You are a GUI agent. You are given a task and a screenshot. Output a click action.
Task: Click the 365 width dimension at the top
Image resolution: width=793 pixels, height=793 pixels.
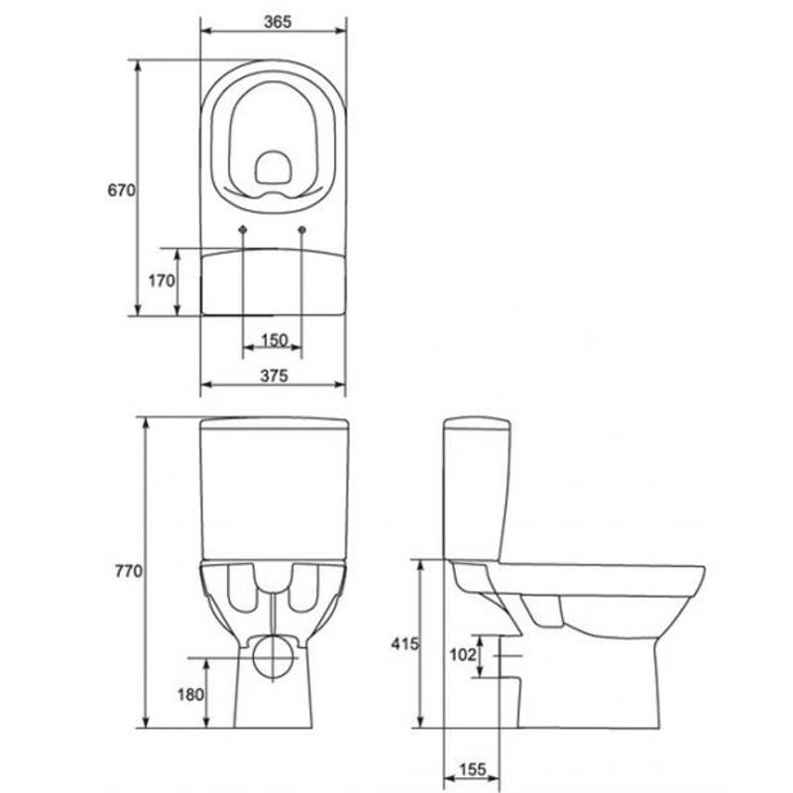click(278, 22)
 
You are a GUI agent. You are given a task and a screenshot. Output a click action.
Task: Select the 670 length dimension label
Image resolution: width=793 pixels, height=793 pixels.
click(121, 190)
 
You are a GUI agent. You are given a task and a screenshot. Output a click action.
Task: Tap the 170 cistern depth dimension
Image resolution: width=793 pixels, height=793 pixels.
click(162, 281)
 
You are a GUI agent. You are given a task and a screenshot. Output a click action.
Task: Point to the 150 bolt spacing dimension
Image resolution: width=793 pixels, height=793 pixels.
click(275, 340)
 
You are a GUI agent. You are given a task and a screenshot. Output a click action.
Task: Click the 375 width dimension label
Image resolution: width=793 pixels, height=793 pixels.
click(275, 376)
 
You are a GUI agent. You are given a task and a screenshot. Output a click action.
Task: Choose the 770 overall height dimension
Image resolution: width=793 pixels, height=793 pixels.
click(129, 571)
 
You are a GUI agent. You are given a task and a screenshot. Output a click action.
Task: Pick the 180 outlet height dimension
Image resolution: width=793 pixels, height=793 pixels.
click(190, 695)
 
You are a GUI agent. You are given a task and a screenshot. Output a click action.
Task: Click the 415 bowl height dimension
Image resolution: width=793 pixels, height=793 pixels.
click(405, 643)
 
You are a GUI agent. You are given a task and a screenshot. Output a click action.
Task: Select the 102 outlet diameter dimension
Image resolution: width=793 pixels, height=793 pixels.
click(463, 655)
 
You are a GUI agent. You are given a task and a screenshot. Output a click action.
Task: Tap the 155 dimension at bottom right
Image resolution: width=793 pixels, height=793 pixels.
click(472, 769)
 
